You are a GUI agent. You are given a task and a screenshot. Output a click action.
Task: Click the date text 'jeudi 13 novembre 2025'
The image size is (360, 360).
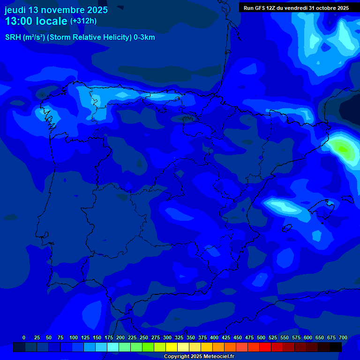click(56, 10)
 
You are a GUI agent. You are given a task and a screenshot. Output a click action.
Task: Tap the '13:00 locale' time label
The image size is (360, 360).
click(36, 21)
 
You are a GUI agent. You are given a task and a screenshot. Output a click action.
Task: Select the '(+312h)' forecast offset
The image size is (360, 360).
click(83, 21)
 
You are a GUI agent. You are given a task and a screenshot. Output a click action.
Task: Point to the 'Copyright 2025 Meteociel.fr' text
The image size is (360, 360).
click(199, 356)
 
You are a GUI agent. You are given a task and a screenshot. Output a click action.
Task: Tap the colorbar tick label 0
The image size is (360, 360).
click(24, 337)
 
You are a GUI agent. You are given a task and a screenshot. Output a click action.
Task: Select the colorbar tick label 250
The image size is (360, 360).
click(144, 337)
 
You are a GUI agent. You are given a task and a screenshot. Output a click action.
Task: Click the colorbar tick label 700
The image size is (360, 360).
click(343, 337)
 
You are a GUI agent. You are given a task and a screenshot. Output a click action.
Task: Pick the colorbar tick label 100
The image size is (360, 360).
click(74, 337)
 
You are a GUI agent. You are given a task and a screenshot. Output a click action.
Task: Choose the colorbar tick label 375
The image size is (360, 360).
click(202, 337)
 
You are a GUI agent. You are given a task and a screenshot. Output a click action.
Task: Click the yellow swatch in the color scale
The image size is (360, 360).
click(172, 347)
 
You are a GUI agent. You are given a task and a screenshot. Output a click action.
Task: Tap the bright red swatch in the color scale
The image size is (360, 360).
click(265, 347)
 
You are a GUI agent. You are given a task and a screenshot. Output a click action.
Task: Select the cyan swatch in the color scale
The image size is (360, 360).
click(113, 347)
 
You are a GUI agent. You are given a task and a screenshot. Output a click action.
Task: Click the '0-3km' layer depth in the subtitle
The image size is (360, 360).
click(144, 37)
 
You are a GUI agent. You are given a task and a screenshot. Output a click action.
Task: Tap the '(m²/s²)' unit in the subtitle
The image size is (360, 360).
click(32, 37)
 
